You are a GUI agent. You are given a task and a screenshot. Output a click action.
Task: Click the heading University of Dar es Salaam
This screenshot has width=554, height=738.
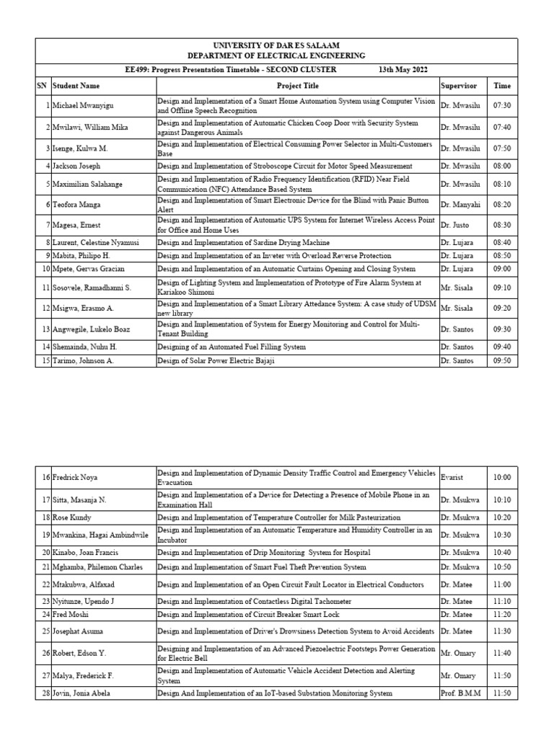click(x=276, y=45)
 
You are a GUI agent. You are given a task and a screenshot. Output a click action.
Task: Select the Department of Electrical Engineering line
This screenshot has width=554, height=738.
click(x=276, y=55)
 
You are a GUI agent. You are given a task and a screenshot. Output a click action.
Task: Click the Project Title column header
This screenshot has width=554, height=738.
click(x=297, y=86)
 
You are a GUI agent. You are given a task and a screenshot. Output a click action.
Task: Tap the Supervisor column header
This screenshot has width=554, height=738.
click(x=458, y=86)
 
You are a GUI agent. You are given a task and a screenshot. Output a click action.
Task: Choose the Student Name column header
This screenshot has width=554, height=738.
click(x=76, y=86)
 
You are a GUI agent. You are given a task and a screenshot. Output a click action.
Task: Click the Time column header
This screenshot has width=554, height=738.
click(x=502, y=86)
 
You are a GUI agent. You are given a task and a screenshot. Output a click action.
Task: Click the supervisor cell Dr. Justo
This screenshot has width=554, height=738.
click(x=454, y=225)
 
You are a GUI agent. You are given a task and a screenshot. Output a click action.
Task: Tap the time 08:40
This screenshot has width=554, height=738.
click(x=502, y=243)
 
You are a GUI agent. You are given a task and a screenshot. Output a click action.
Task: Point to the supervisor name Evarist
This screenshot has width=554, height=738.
click(x=453, y=477)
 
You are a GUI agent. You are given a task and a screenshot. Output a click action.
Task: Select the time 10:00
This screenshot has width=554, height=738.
click(x=502, y=477)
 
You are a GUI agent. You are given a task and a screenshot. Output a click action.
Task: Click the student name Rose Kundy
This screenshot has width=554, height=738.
click(x=71, y=517)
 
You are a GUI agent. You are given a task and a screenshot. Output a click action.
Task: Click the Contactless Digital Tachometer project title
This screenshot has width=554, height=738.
click(x=254, y=600)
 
